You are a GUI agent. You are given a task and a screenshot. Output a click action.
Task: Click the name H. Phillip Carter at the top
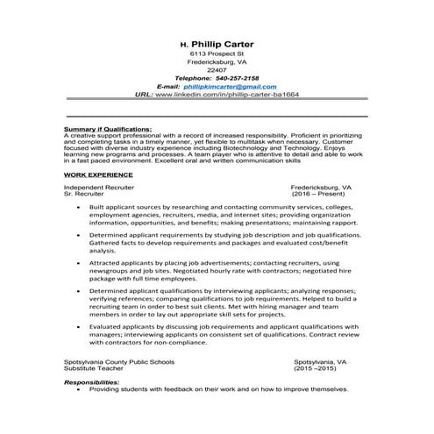tap(217, 41)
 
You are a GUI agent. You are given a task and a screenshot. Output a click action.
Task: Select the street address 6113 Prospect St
tap(217, 54)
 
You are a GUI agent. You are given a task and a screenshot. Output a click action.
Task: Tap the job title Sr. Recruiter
tap(87, 194)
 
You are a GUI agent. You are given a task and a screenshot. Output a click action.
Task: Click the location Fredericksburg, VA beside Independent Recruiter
tap(322, 187)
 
